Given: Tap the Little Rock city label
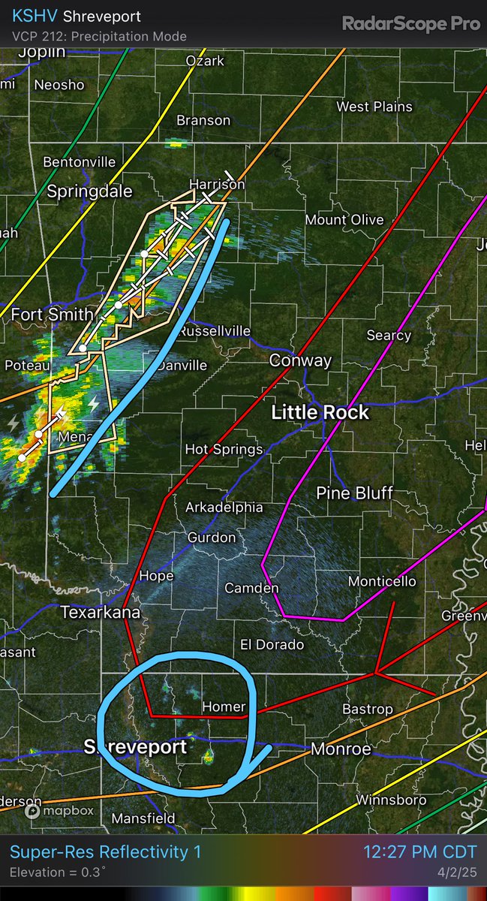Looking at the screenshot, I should [320, 412].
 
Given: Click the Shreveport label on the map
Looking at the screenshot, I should [135, 747].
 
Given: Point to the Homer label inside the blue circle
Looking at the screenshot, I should [224, 707].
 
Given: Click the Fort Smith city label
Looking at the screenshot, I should [52, 315].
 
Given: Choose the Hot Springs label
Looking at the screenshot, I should [224, 449].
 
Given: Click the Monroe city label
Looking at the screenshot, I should [341, 749].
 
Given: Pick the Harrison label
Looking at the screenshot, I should [217, 184].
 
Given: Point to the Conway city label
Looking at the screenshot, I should [300, 360].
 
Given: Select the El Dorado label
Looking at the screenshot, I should [272, 644].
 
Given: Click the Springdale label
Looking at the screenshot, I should [89, 191].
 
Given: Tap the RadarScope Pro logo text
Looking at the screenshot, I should [410, 23].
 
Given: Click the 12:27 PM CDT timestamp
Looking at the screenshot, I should [419, 851].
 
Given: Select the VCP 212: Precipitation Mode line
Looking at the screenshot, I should [99, 36].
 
